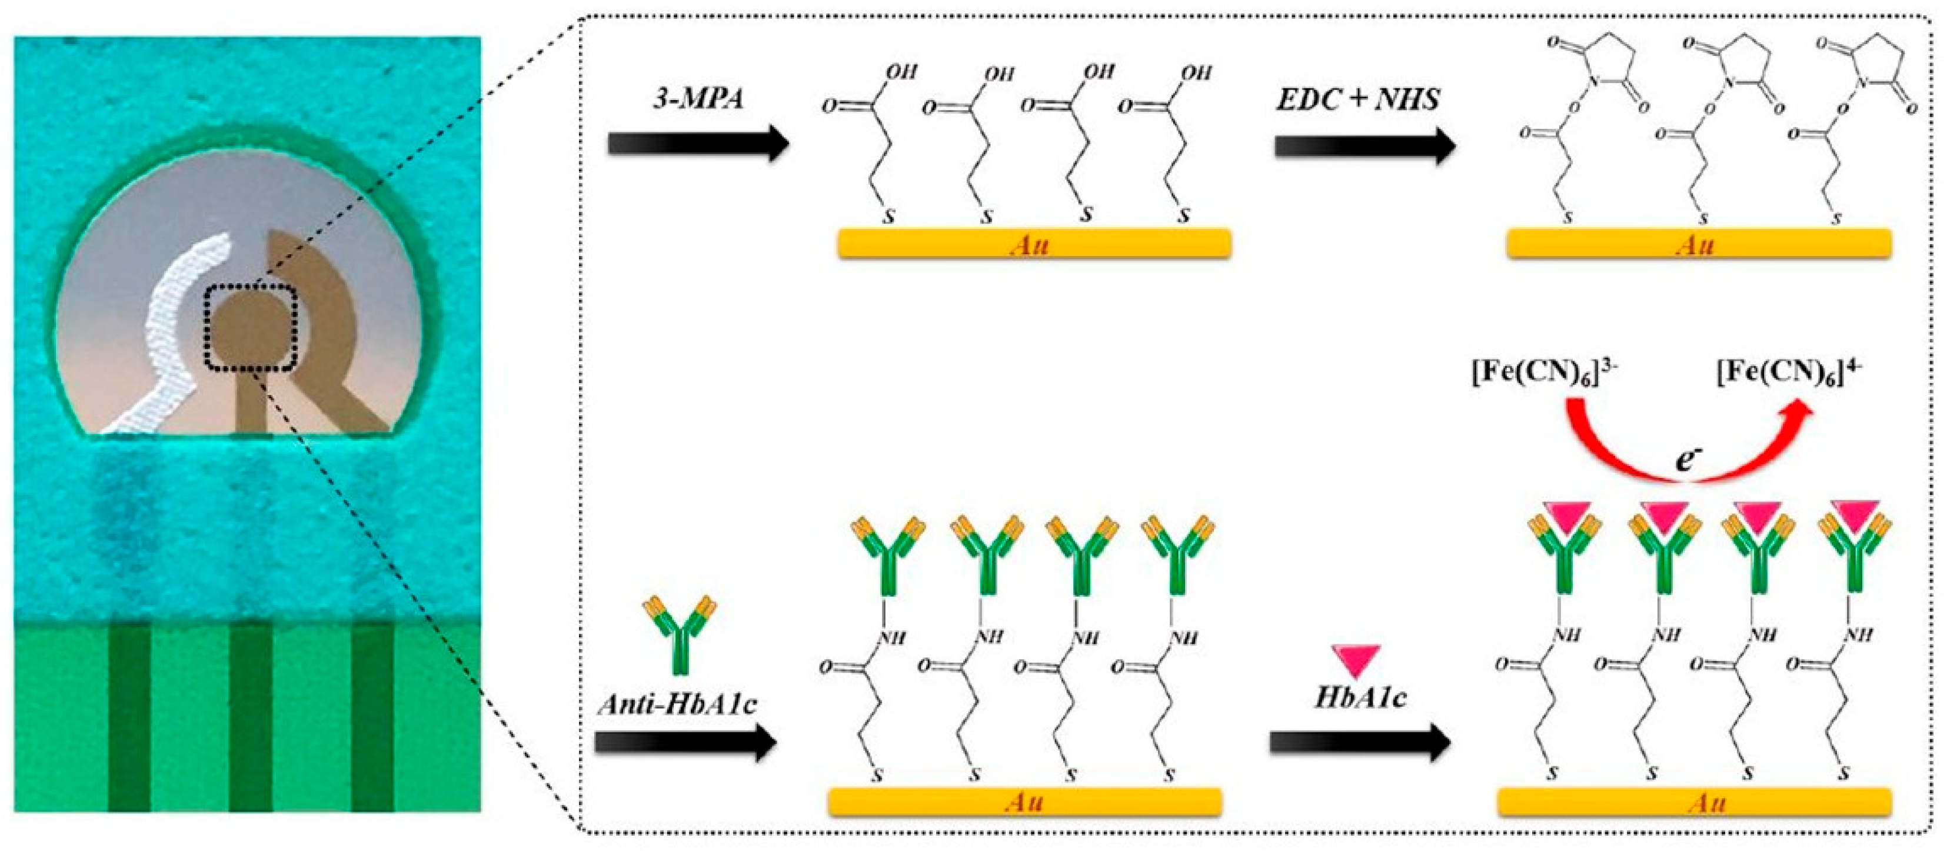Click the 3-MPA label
(698, 99)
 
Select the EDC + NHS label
(1358, 99)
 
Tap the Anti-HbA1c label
(678, 704)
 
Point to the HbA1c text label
(1360, 697)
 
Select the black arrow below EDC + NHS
(1364, 146)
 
